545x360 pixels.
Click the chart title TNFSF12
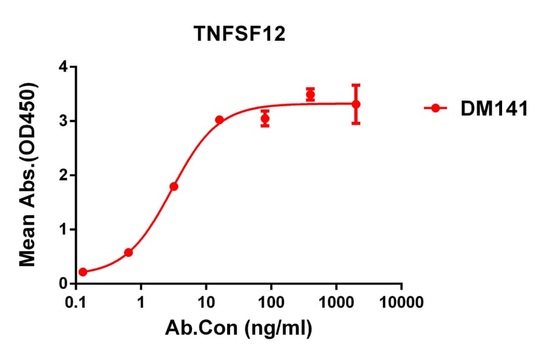pyautogui.click(x=239, y=35)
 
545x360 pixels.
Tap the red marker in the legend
pyautogui.click(x=435, y=108)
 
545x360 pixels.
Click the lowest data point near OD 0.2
pyautogui.click(x=83, y=272)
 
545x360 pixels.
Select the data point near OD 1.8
pyautogui.click(x=174, y=187)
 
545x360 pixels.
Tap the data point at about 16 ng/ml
pyautogui.click(x=219, y=120)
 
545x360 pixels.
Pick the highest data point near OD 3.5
pyautogui.click(x=310, y=95)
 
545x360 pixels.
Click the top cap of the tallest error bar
pyautogui.click(x=356, y=85)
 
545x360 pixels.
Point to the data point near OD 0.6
pyautogui.click(x=128, y=252)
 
